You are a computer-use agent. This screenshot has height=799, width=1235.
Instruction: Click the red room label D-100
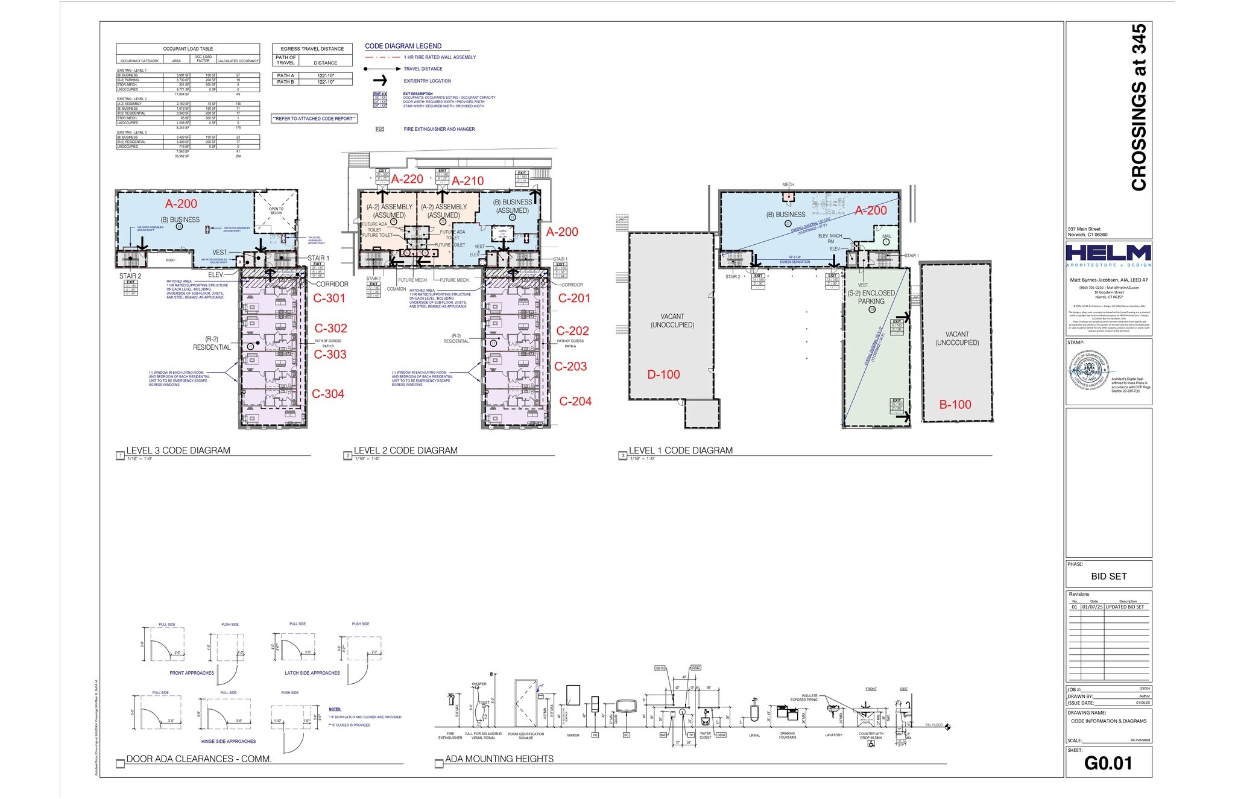click(x=663, y=374)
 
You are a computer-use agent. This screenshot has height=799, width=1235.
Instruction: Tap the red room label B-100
click(x=955, y=405)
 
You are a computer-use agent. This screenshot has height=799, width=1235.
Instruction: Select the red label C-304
click(x=328, y=394)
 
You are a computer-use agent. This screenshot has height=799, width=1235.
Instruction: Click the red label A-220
click(x=407, y=179)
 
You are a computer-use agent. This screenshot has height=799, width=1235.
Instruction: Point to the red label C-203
click(x=570, y=366)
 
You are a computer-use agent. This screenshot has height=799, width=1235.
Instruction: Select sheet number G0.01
click(x=1108, y=763)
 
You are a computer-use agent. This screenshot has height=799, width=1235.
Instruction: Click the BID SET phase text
click(x=1108, y=576)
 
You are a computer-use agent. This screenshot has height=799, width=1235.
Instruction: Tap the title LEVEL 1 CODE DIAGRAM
click(x=680, y=450)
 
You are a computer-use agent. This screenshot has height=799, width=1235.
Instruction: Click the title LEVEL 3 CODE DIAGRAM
click(x=178, y=450)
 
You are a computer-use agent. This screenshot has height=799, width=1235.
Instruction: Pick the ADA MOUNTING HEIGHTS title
click(x=499, y=759)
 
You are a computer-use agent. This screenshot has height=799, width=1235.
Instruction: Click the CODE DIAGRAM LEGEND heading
click(x=403, y=46)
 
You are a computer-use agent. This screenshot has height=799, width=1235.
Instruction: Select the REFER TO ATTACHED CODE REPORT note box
click(x=314, y=119)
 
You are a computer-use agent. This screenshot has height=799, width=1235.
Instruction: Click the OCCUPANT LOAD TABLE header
click(x=188, y=49)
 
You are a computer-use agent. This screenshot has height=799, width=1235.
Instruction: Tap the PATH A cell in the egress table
click(x=285, y=76)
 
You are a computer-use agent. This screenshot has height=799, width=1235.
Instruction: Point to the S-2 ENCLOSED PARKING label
click(x=871, y=297)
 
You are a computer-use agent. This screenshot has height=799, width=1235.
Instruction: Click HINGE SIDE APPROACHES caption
click(x=228, y=742)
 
